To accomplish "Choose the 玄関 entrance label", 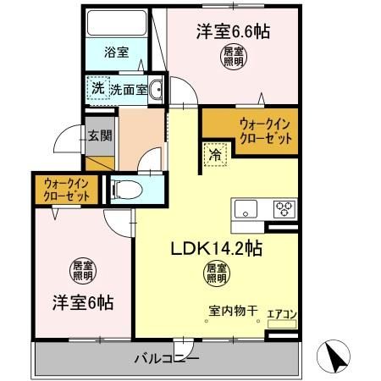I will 97,135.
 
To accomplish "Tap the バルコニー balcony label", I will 166,359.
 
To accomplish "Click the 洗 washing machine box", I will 97,87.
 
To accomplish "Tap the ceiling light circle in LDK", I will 214,273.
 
